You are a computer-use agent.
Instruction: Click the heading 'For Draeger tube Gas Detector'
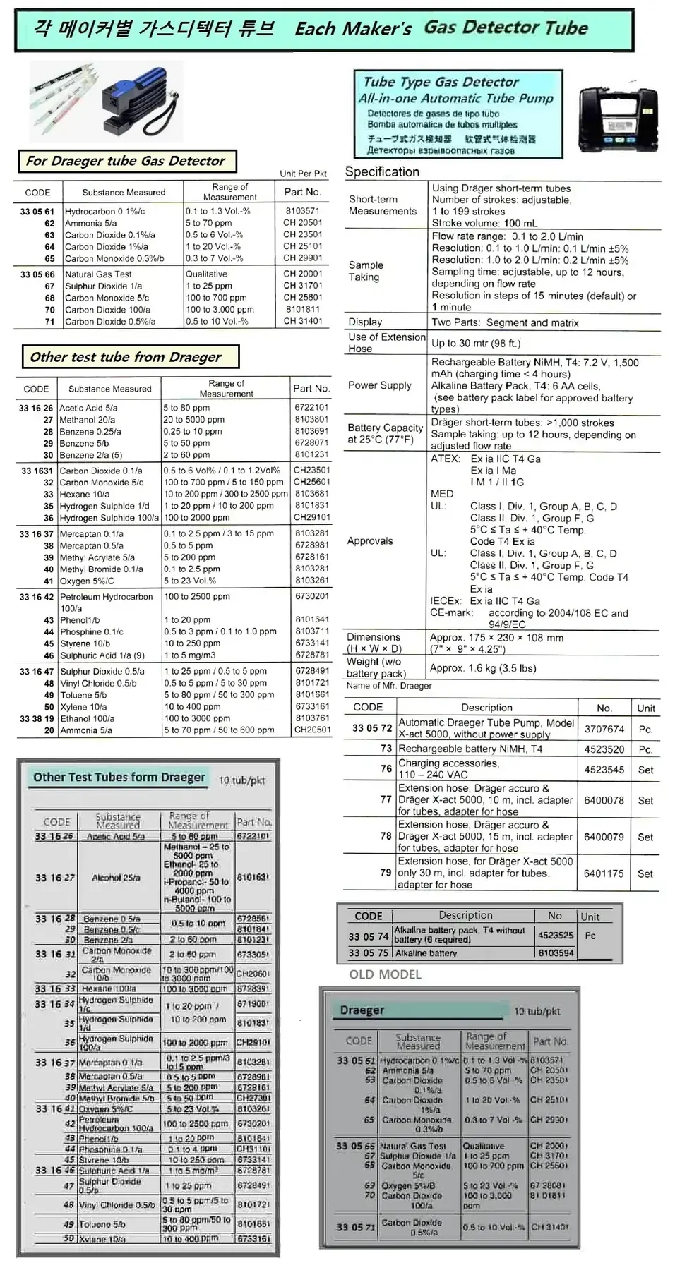coord(126,161)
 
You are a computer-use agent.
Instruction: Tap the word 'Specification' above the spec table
coord(382,172)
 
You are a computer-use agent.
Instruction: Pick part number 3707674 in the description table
coord(604,729)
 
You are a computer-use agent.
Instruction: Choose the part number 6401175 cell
coord(604,873)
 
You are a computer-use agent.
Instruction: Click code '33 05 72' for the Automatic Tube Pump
coord(372,727)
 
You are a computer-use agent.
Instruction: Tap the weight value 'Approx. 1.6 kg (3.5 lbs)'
coord(483,668)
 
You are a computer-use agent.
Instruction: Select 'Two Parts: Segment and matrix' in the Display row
coord(505,322)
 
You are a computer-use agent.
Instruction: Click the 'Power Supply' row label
coord(379,385)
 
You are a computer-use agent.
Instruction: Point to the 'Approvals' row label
coord(370,541)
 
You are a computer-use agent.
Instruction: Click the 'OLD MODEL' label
coord(385,974)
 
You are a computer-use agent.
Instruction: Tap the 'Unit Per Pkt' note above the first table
coord(303,174)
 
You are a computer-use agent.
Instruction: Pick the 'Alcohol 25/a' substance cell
coord(116,878)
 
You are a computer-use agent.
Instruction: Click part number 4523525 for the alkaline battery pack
coord(556,935)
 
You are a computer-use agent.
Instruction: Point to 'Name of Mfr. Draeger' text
coord(388,686)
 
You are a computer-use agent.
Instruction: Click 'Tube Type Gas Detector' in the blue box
coord(441,83)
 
